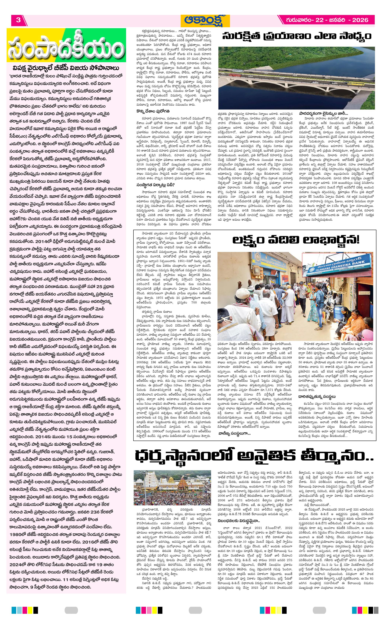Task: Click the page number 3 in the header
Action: click(x=18, y=20)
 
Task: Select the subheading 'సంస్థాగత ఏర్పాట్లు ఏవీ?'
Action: click(x=155, y=185)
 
